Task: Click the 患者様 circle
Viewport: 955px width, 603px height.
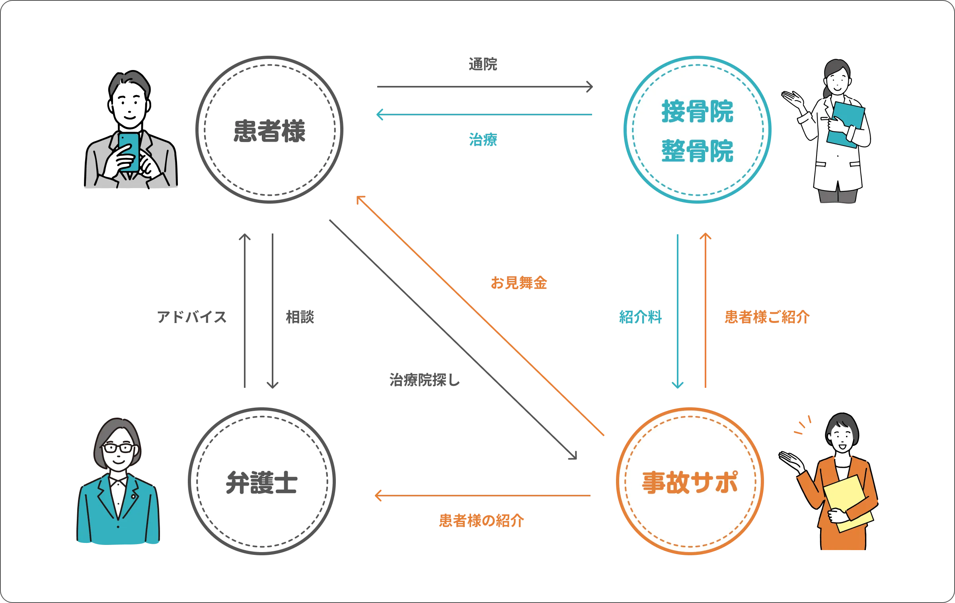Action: [x=269, y=130]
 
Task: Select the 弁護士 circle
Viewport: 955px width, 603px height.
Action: [x=262, y=482]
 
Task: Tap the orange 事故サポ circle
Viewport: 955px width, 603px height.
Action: [x=690, y=482]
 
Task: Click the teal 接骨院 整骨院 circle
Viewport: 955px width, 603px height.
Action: [x=697, y=130]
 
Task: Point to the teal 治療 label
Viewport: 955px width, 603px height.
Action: [x=483, y=139]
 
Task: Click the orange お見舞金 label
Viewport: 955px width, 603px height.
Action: [x=518, y=282]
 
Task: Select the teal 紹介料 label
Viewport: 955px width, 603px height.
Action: [x=640, y=317]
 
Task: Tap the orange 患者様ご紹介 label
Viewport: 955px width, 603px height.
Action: [x=766, y=317]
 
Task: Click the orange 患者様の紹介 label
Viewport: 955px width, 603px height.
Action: [x=481, y=520]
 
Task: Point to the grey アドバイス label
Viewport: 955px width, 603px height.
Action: [x=192, y=317]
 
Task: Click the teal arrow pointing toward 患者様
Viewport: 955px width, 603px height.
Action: [x=483, y=115]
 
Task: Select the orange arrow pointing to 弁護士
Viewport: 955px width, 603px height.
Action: [x=482, y=495]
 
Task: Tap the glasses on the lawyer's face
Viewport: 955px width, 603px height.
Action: [x=118, y=448]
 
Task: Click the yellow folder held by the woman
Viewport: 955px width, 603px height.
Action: [x=848, y=503]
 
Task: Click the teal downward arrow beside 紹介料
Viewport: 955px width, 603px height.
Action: [x=678, y=310]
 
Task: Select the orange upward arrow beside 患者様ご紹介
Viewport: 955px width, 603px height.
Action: [x=705, y=310]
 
